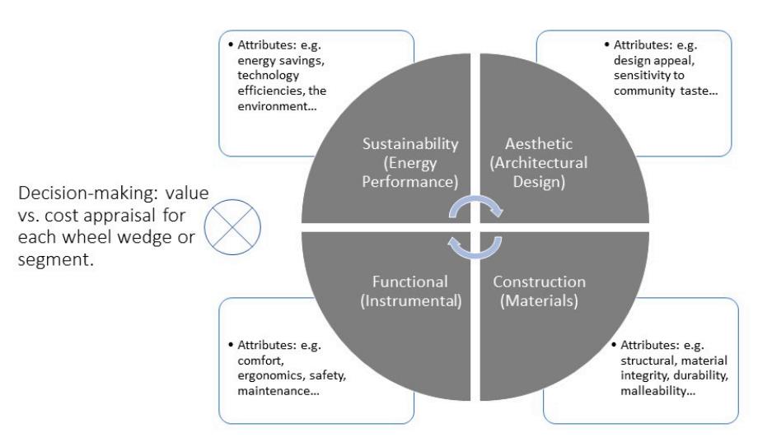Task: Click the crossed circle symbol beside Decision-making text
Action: pos(237,224)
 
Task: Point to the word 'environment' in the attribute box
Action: pos(274,106)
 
